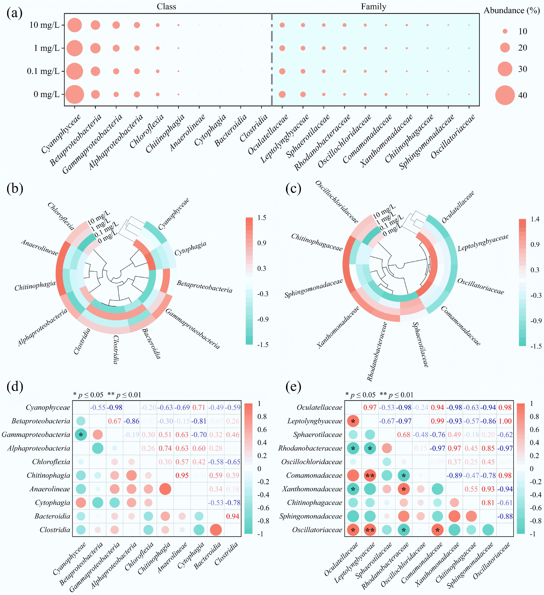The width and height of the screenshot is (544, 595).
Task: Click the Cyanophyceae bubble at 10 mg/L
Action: [75, 25]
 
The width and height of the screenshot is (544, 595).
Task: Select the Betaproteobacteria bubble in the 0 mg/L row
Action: [95, 94]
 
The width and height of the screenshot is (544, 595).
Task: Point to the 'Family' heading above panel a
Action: [373, 6]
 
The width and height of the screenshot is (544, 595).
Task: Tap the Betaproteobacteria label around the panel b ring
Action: [205, 286]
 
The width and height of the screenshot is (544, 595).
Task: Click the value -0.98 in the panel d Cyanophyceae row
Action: [115, 408]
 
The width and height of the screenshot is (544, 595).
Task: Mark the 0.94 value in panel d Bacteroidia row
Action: [233, 516]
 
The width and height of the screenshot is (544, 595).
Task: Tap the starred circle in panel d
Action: [81, 435]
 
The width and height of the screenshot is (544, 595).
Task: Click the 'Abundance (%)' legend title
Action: [512, 11]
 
